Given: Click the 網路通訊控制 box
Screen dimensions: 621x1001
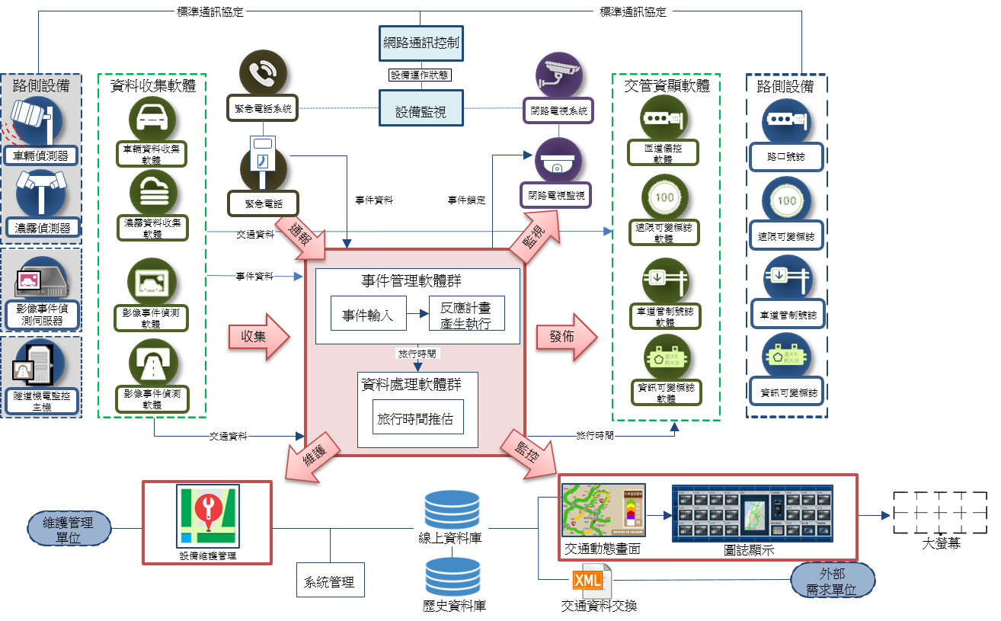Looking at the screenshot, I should pyautogui.click(x=421, y=43).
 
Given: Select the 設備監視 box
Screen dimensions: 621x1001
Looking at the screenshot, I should pyautogui.click(x=421, y=110).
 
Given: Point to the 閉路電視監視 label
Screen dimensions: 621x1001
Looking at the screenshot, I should pyautogui.click(x=558, y=195).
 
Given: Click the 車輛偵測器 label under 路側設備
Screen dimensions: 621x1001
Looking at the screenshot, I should pyautogui.click(x=41, y=156).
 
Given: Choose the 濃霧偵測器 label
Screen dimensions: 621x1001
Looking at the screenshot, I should pyautogui.click(x=43, y=228).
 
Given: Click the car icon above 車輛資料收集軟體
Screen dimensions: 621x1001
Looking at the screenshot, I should pyautogui.click(x=152, y=118).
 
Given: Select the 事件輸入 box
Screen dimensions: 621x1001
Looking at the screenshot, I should pyautogui.click(x=367, y=313).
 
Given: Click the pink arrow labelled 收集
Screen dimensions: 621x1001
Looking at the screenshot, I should pyautogui.click(x=258, y=336).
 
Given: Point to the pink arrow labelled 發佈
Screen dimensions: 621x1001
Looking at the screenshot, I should pyautogui.click(x=566, y=336).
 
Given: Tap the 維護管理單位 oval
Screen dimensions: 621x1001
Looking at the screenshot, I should pyautogui.click(x=69, y=528).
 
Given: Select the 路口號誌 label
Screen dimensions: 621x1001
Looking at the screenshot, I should pyautogui.click(x=786, y=156).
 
